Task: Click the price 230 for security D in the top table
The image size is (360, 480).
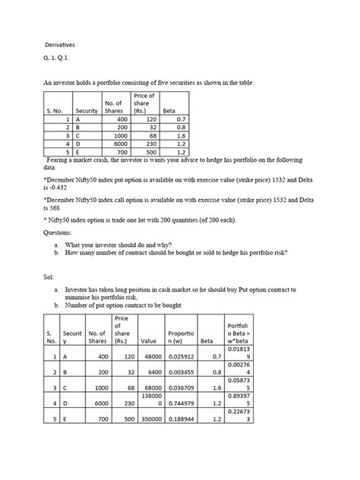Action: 150,141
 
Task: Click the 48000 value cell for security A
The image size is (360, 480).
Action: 169,355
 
